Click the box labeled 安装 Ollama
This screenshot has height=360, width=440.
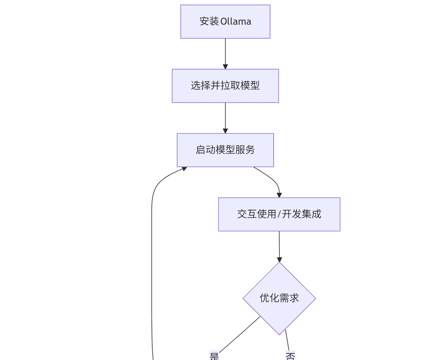pyautogui.click(x=225, y=22)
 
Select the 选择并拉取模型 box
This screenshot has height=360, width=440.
pyautogui.click(x=225, y=86)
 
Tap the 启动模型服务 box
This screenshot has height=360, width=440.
pyautogui.click(x=225, y=150)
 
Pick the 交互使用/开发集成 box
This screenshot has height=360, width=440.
pyautogui.click(x=279, y=214)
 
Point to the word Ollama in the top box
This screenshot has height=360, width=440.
pyautogui.click(x=236, y=22)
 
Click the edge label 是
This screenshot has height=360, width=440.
pyautogui.click(x=214, y=356)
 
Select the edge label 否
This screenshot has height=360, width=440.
pyautogui.click(x=290, y=356)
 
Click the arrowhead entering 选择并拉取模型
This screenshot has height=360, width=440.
pyautogui.click(x=225, y=66)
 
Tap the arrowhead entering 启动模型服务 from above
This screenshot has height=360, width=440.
pyautogui.click(x=225, y=131)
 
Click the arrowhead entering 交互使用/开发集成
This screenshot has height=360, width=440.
pyautogui.click(x=279, y=195)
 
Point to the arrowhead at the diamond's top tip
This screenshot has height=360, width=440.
pyautogui.click(x=279, y=259)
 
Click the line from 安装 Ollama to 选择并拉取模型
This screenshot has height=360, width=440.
pyautogui.click(x=225, y=52)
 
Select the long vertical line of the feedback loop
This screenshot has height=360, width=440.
pyautogui.click(x=152, y=275)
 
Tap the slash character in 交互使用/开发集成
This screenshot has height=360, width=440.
pyautogui.click(x=279, y=214)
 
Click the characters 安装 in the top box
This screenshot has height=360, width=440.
pyautogui.click(x=209, y=22)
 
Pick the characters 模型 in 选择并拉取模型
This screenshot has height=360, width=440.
pyautogui.click(x=250, y=86)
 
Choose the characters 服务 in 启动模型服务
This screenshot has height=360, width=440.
pyautogui.click(x=245, y=150)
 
